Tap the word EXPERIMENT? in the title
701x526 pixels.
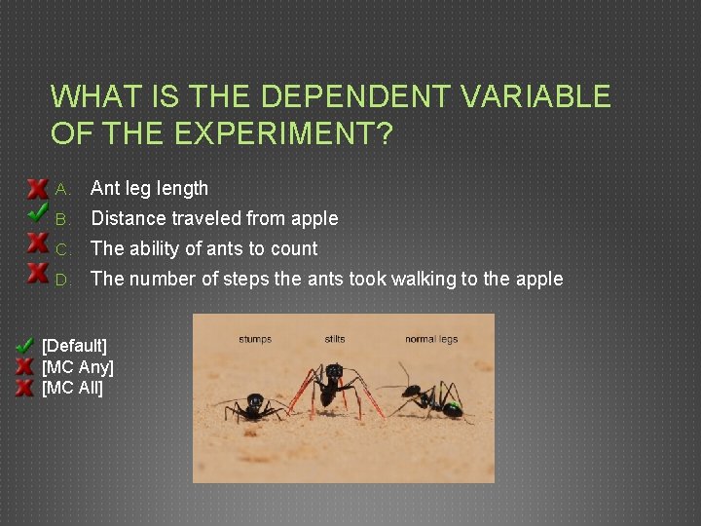coord(281,133)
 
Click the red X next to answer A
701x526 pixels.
coord(37,187)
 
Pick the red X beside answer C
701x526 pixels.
coord(37,243)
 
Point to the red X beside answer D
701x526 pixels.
coord(37,272)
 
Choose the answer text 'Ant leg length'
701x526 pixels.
coord(149,188)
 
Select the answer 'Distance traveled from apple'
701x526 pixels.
coord(214,218)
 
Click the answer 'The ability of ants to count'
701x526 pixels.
coord(203,248)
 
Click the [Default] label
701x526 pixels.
coord(75,346)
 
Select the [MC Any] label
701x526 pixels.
coord(78,367)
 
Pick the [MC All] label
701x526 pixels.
coord(73,388)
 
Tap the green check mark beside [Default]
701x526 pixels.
coord(24,346)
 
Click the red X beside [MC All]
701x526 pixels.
coord(24,388)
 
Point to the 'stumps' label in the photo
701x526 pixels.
coord(255,339)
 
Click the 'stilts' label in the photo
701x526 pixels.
coord(335,339)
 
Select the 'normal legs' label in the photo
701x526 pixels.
coord(431,339)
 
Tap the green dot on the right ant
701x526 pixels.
coord(452,405)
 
